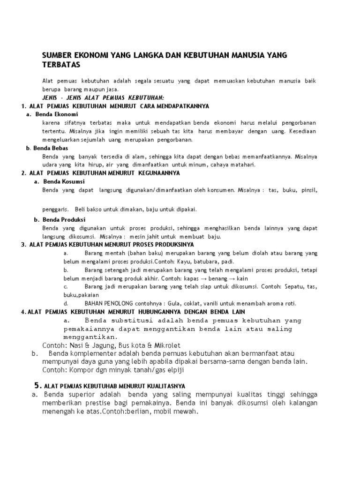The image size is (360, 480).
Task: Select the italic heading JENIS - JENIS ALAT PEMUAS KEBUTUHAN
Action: tap(103, 97)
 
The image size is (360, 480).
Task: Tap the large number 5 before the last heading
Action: tap(37, 385)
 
